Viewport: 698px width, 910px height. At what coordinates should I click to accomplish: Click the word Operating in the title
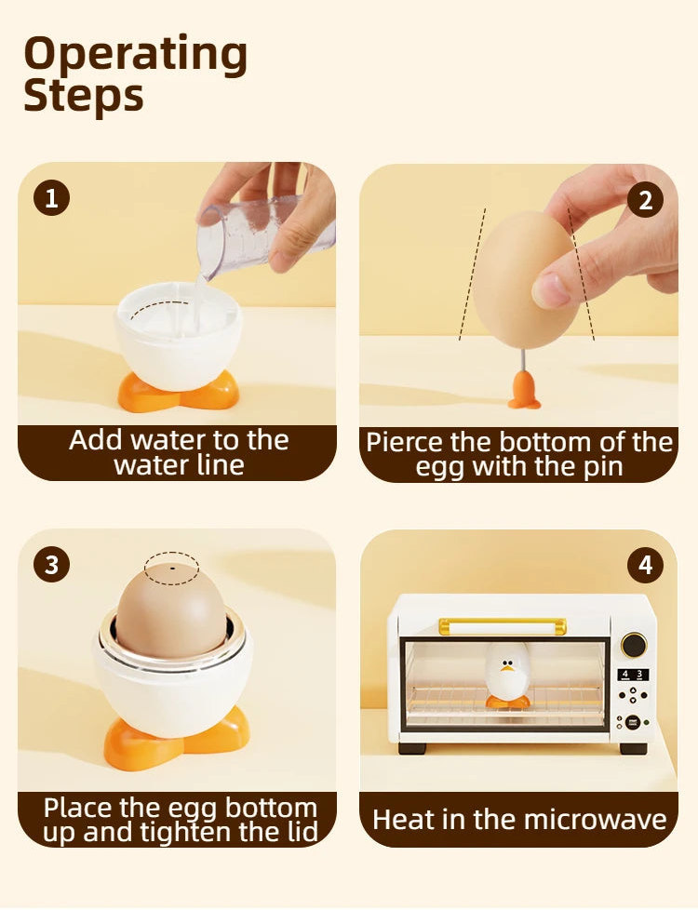[x=135, y=55]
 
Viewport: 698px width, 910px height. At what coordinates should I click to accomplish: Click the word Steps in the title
[x=84, y=96]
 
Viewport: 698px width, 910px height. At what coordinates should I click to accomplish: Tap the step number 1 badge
[x=51, y=198]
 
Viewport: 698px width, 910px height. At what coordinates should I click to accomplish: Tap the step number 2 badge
[x=645, y=200]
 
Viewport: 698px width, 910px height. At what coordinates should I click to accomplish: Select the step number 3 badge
[x=52, y=564]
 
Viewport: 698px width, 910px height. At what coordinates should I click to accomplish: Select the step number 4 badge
[x=645, y=566]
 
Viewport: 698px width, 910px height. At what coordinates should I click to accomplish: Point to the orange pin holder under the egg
[x=525, y=391]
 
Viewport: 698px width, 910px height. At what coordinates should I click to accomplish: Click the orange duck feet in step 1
[x=179, y=391]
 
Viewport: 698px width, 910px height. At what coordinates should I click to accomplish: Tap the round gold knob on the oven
[x=634, y=645]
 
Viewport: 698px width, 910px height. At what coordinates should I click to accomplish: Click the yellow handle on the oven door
[x=503, y=626]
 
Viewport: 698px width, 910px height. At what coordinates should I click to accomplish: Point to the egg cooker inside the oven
[x=507, y=676]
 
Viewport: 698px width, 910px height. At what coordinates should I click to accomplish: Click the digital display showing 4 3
[x=632, y=675]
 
